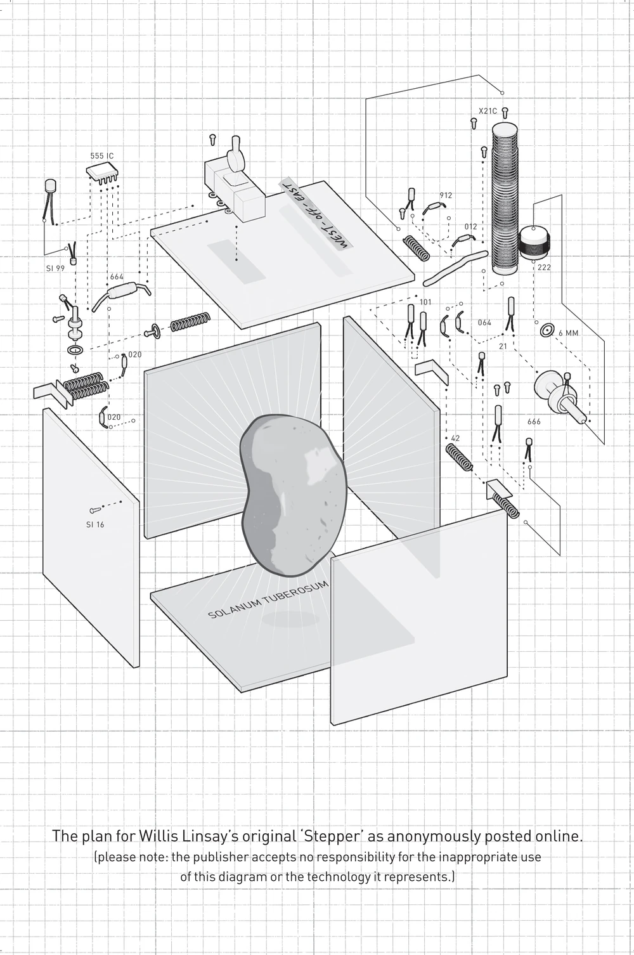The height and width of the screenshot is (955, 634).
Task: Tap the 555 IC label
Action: (101, 155)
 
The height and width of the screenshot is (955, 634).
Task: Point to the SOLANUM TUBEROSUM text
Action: (269, 600)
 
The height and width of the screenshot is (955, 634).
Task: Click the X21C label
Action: (488, 111)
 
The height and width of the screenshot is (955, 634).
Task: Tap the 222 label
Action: (544, 268)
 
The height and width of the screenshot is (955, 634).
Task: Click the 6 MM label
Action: (568, 332)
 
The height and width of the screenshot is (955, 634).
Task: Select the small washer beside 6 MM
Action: (547, 330)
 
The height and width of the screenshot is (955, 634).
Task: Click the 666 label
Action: (534, 422)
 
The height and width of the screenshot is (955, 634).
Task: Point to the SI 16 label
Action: (95, 524)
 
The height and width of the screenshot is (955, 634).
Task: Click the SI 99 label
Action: (55, 268)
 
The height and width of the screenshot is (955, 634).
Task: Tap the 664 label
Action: (117, 277)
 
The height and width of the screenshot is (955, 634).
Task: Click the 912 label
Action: (446, 196)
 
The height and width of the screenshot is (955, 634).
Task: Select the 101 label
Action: (425, 302)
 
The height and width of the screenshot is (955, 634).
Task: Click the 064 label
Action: (484, 323)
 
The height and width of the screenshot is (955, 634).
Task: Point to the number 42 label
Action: (455, 438)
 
